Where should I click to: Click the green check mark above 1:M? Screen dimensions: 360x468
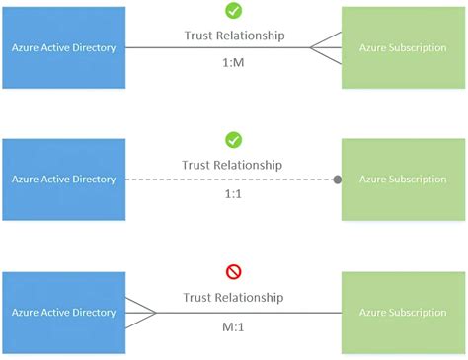pyautogui.click(x=233, y=11)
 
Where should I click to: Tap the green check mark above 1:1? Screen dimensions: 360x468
pyautogui.click(x=233, y=140)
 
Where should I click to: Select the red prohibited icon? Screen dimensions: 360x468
pyautogui.click(x=233, y=271)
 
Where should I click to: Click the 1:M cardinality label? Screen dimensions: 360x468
pyautogui.click(x=234, y=60)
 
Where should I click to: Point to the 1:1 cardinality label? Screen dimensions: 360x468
pyautogui.click(x=234, y=193)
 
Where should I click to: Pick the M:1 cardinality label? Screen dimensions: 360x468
pyautogui.click(x=234, y=326)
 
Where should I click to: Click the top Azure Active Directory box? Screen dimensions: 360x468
pyautogui.click(x=64, y=47)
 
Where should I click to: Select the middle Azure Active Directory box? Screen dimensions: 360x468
pyautogui.click(x=64, y=180)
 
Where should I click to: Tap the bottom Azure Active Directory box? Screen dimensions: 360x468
pyautogui.click(x=64, y=313)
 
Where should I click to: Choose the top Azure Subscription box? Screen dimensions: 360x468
pyautogui.click(x=403, y=47)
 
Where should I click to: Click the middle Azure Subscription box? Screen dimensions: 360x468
pyautogui.click(x=403, y=180)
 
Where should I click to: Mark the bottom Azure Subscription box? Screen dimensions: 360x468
pyautogui.click(x=403, y=313)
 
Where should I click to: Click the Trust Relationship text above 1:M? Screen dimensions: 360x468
pyautogui.click(x=234, y=36)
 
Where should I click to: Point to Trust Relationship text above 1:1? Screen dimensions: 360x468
pyautogui.click(x=234, y=165)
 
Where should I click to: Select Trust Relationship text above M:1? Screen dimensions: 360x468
pyautogui.click(x=234, y=297)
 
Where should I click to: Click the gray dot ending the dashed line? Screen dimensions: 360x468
pyautogui.click(x=337, y=180)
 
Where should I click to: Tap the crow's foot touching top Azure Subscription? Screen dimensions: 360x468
pyautogui.click(x=326, y=47)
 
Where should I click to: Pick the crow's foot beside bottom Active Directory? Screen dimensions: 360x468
pyautogui.click(x=141, y=313)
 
